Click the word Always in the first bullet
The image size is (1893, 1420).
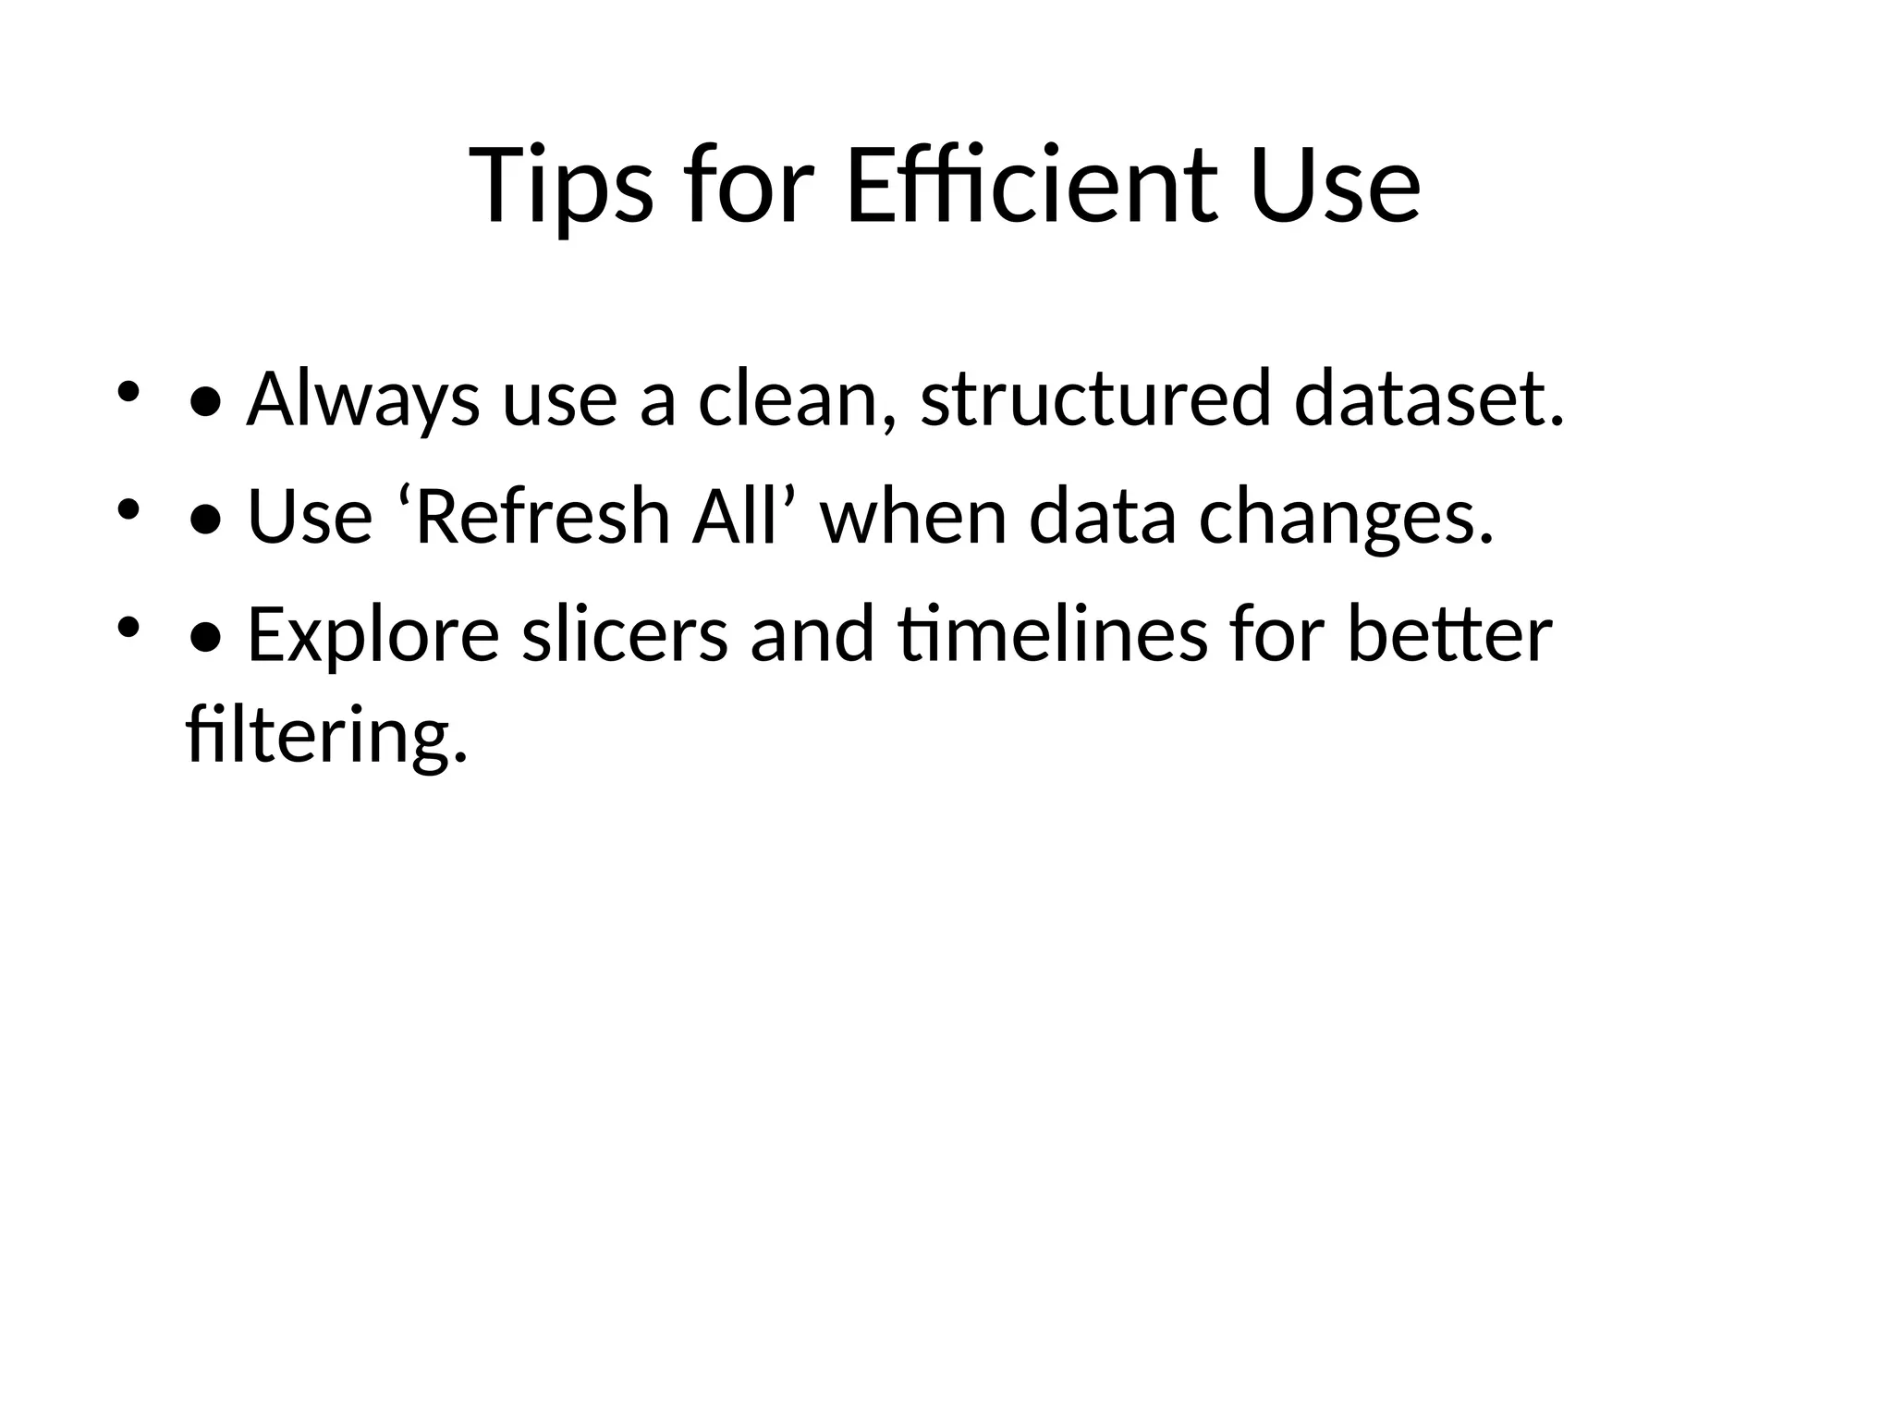point(362,399)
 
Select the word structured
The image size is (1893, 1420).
point(1095,399)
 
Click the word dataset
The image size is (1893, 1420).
point(1429,399)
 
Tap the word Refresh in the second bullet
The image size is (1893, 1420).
point(543,516)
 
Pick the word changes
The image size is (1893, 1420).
point(1346,518)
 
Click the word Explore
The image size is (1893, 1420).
point(373,636)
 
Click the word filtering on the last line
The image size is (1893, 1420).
point(326,734)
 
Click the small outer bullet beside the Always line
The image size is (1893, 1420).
point(128,391)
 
